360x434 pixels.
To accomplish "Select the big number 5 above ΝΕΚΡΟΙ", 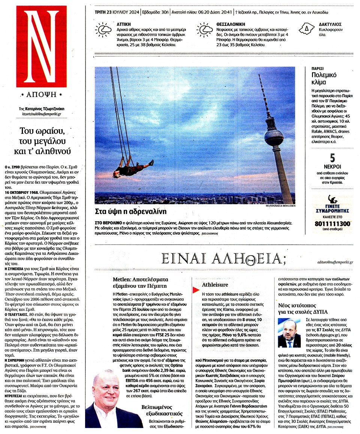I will point(332,159).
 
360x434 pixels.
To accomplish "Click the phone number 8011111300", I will point(333,224).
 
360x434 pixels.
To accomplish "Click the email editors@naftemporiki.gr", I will point(335,262).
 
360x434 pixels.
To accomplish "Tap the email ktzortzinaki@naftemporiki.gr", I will point(42,114).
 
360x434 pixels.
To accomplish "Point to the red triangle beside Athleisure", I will point(195,290).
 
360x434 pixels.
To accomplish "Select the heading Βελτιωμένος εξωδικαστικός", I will point(162,410).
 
